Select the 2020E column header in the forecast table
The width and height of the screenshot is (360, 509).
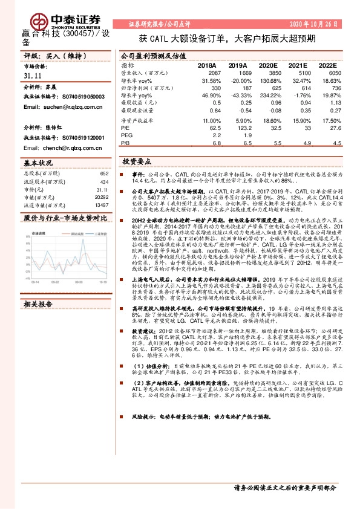pos(267,65)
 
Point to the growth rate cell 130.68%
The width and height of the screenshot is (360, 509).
pos(264,80)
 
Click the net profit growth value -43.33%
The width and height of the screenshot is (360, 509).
pos(238,96)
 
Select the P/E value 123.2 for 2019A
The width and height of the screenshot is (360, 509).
pos(238,128)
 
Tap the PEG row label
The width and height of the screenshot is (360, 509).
pos(126,136)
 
